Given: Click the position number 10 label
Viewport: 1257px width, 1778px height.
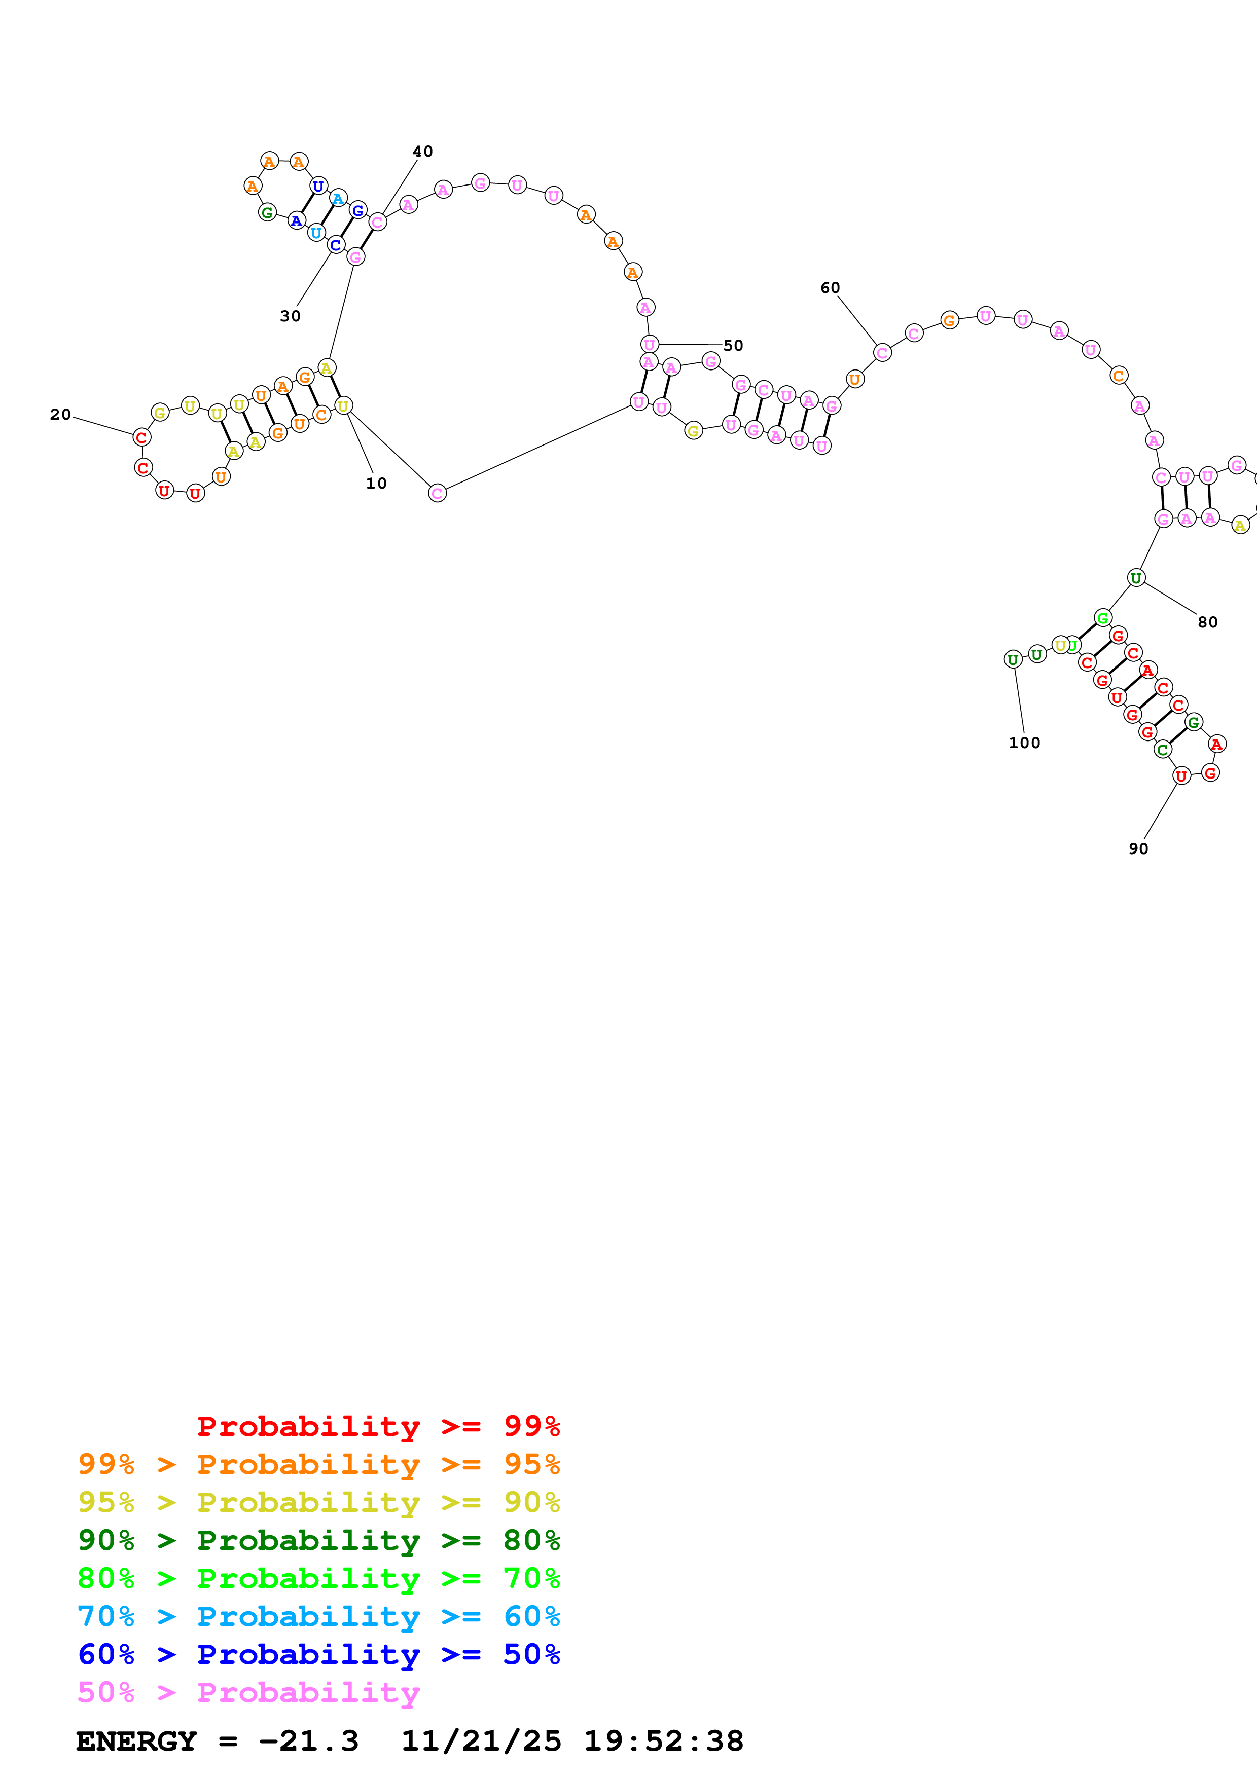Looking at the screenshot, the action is (x=376, y=483).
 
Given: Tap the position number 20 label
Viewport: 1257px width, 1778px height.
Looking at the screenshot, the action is (x=60, y=414).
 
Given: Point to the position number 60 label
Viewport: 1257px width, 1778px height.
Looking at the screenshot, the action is (x=830, y=287).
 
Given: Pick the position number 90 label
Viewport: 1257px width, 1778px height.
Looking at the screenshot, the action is (x=1138, y=849).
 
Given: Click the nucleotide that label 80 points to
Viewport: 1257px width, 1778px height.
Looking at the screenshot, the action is (x=1135, y=578).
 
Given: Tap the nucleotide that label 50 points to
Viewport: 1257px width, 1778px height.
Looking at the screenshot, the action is (x=649, y=344).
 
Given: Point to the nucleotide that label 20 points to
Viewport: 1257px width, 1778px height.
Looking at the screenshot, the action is (x=141, y=437).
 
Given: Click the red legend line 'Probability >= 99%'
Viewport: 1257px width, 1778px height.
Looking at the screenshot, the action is (x=378, y=1426).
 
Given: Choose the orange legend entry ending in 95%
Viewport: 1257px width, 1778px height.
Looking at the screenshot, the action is (x=318, y=1464).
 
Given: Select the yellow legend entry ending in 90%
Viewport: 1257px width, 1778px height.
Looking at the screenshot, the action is (x=318, y=1502).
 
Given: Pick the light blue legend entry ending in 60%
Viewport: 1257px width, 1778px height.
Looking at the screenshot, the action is (x=318, y=1616).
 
